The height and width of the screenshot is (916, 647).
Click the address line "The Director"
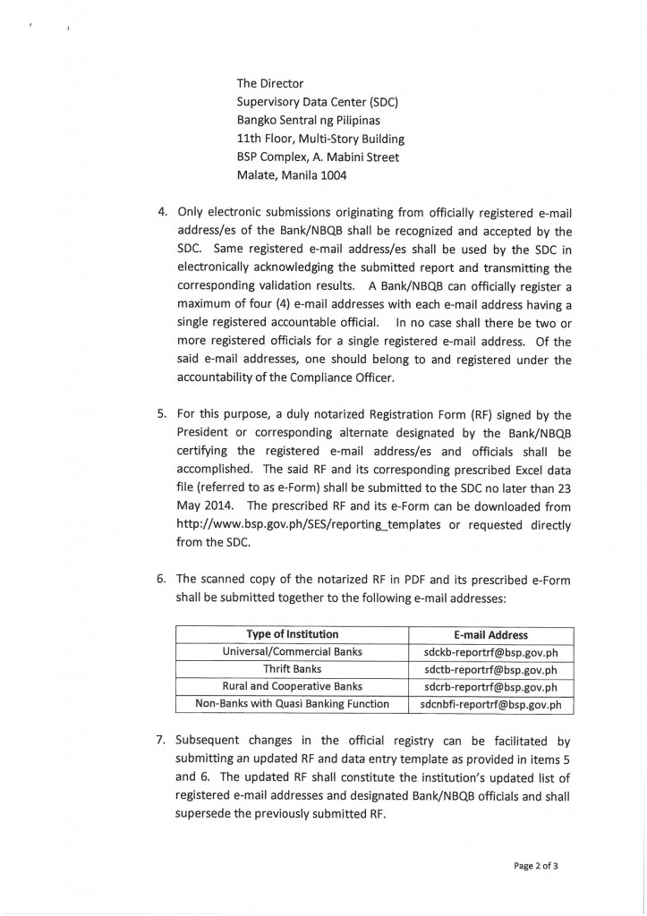point(270,83)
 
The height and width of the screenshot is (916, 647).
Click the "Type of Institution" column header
point(292,635)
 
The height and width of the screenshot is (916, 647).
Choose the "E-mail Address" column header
point(490,635)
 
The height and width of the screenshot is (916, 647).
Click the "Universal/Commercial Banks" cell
point(292,652)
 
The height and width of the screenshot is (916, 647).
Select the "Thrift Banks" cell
point(292,669)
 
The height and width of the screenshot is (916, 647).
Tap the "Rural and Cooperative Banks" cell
point(292,687)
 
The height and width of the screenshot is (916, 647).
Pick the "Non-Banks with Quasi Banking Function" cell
point(292,704)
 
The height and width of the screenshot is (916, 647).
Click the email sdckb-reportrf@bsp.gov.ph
point(490,652)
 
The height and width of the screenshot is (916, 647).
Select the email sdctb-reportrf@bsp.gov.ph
point(490,669)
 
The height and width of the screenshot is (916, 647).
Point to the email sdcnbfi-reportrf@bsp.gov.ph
point(490,705)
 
